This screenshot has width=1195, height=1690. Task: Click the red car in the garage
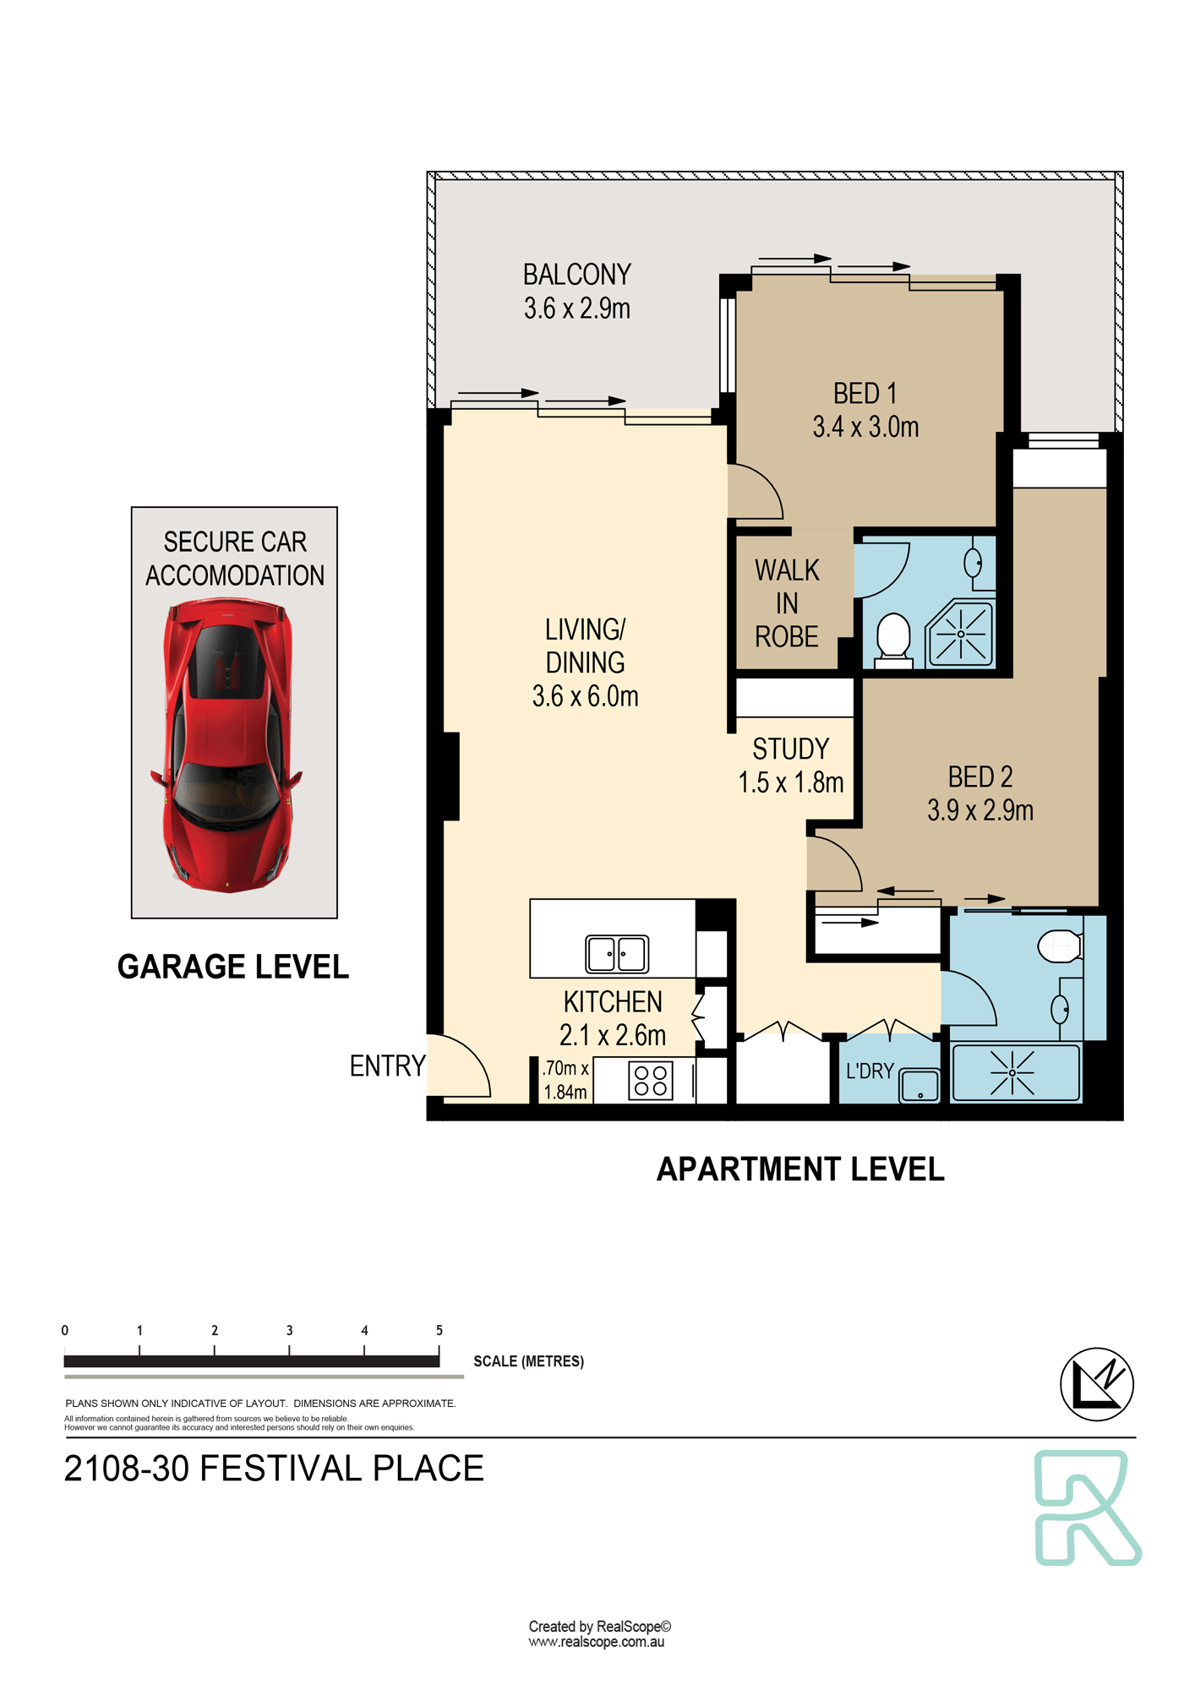(x=227, y=744)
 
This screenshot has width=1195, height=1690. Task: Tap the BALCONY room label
(x=577, y=275)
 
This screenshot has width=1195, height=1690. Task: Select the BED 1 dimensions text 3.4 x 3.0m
(x=865, y=427)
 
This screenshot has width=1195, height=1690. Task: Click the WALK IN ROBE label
(x=787, y=603)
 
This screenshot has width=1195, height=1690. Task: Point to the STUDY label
(x=791, y=749)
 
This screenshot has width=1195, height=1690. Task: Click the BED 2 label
(x=980, y=777)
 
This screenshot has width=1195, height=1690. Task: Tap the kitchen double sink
(x=617, y=954)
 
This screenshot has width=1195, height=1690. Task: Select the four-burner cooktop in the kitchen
(x=651, y=1081)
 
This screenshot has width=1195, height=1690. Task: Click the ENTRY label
(x=387, y=1066)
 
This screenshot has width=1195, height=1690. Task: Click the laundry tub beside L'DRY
(x=919, y=1085)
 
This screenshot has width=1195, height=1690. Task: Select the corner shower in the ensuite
(x=961, y=633)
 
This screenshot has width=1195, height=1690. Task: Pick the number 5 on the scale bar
(x=439, y=1330)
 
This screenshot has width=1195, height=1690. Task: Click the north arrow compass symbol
(x=1097, y=1384)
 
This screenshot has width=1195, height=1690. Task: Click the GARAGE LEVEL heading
(x=233, y=967)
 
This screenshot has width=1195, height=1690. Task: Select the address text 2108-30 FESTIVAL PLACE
(x=274, y=1469)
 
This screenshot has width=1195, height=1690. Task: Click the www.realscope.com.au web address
(x=597, y=1642)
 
